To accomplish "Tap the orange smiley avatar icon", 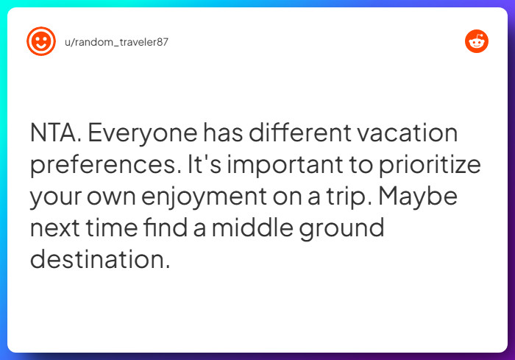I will pos(40,41).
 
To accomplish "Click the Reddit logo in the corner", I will pos(477,41).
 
